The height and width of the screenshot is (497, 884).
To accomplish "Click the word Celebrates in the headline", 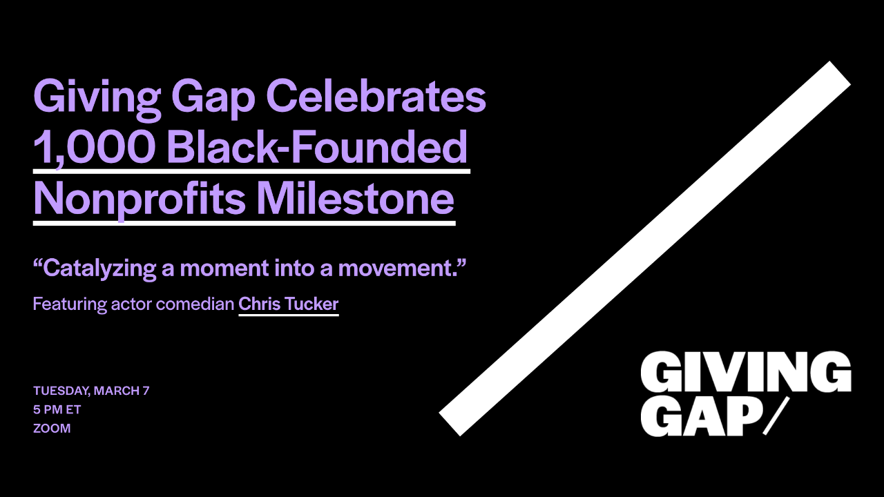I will (376, 97).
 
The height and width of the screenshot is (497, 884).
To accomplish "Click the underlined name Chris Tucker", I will (289, 304).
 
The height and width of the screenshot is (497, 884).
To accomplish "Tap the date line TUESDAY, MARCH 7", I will (91, 391).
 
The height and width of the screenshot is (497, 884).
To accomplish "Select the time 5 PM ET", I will (57, 409).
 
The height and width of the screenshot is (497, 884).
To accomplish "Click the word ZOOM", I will (52, 428).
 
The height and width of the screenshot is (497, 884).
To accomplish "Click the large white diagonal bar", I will (644, 248).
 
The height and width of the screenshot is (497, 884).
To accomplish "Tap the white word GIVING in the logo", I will (745, 372).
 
